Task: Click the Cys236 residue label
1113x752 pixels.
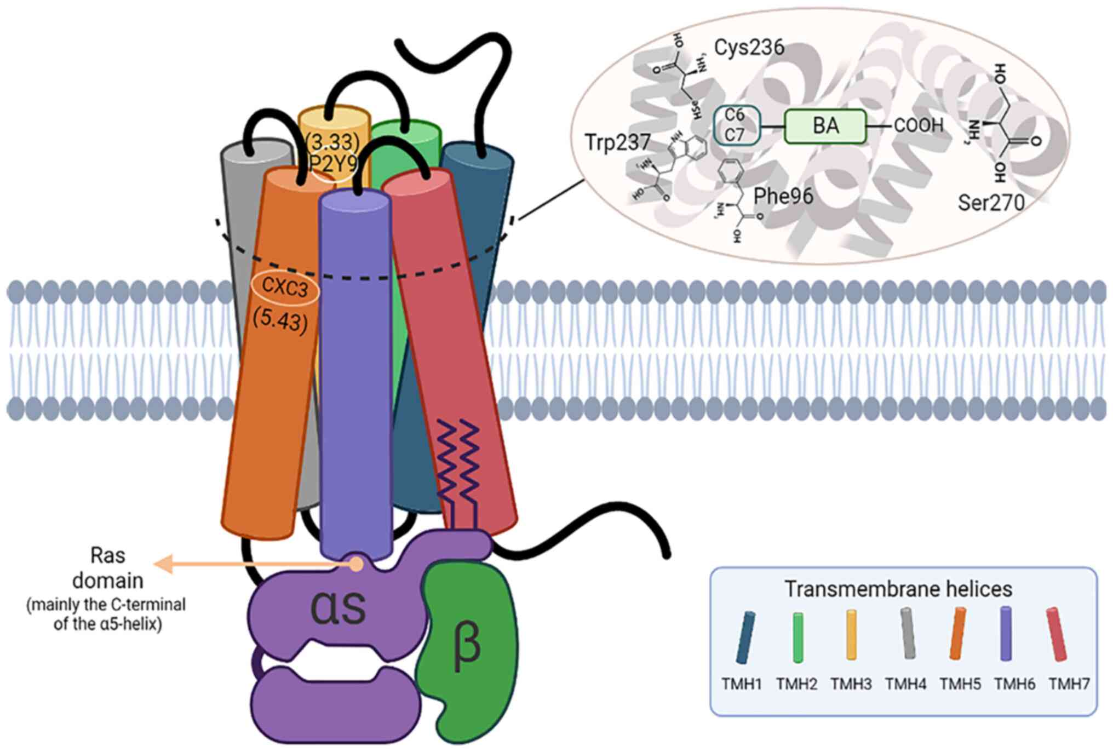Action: tap(749, 48)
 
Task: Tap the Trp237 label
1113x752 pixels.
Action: tap(617, 142)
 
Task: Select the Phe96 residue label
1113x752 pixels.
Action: tap(783, 196)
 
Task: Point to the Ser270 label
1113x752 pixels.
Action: tap(991, 203)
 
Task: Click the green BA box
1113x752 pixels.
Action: tap(825, 126)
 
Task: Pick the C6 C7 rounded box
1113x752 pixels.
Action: tap(736, 125)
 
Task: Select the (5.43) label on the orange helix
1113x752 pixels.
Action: tap(280, 320)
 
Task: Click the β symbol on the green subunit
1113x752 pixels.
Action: tap(467, 646)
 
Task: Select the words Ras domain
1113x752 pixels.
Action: tap(108, 568)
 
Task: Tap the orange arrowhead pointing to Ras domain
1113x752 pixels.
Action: tap(163, 563)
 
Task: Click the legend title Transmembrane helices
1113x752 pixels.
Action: tap(898, 589)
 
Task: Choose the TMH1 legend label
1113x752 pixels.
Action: tap(742, 684)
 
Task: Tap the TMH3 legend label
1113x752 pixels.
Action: tap(851, 684)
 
